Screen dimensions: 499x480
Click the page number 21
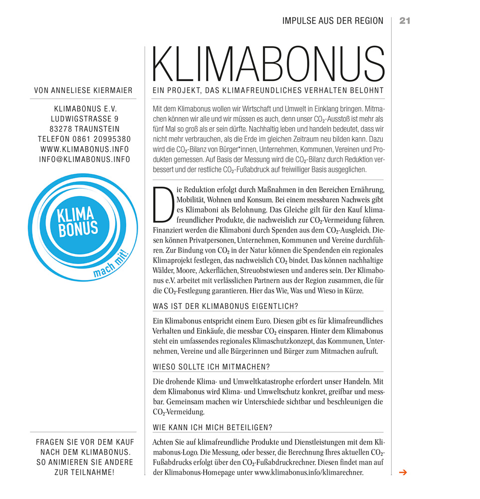click(404, 20)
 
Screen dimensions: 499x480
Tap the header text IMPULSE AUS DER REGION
click(332, 20)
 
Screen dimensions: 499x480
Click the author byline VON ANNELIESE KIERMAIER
click(83, 90)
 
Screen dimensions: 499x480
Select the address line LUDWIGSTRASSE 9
click(85, 119)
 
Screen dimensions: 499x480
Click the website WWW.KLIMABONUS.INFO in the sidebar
click(85, 149)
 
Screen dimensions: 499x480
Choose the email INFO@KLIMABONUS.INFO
click(85, 159)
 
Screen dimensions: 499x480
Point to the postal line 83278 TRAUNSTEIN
click(85, 129)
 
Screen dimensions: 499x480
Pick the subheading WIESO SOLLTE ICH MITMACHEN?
click(211, 367)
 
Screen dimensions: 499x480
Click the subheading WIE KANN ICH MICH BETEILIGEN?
click(213, 428)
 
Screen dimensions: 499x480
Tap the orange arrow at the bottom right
click(403, 472)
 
